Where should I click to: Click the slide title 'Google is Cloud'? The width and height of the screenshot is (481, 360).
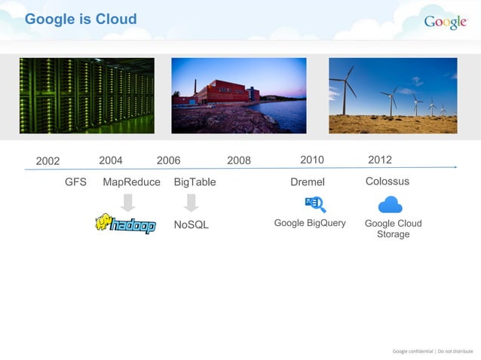81,19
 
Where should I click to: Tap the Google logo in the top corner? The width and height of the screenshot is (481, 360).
445,22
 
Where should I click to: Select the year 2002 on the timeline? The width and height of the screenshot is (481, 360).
47,160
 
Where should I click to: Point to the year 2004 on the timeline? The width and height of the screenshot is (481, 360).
111,160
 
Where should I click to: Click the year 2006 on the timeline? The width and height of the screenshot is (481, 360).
168,160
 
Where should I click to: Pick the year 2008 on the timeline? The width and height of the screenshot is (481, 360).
239,160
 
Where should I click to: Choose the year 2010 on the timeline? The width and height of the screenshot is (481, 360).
312,160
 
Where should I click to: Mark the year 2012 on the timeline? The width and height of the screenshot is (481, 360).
380,160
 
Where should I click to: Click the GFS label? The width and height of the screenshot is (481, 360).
75,182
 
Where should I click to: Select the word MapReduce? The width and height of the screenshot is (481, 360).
131,182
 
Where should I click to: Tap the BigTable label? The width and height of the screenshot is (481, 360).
195,182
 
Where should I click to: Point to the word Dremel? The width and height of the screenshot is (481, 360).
308,182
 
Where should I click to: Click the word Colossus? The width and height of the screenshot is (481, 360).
388,182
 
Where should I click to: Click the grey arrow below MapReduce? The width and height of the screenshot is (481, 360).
128,202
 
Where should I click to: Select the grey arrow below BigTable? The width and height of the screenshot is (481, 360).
191,202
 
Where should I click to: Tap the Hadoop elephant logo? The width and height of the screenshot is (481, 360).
125,224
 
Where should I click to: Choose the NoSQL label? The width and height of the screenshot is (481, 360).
191,225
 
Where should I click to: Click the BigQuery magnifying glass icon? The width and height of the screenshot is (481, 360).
315,204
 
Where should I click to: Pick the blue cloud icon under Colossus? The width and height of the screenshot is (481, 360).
390,204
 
